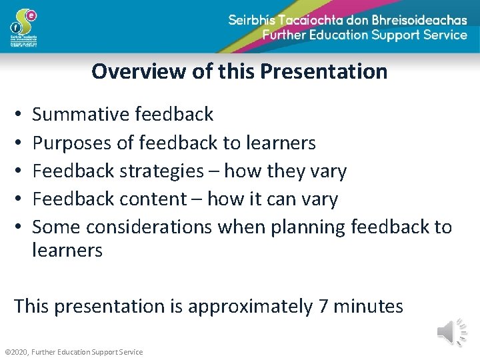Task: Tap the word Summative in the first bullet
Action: (x=81, y=115)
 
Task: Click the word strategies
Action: (x=161, y=171)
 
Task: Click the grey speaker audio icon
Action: (x=451, y=332)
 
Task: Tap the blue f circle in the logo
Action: (x=15, y=28)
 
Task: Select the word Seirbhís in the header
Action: (x=259, y=20)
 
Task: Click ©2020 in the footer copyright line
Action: (x=15, y=352)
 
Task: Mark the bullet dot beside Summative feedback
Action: (x=18, y=115)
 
